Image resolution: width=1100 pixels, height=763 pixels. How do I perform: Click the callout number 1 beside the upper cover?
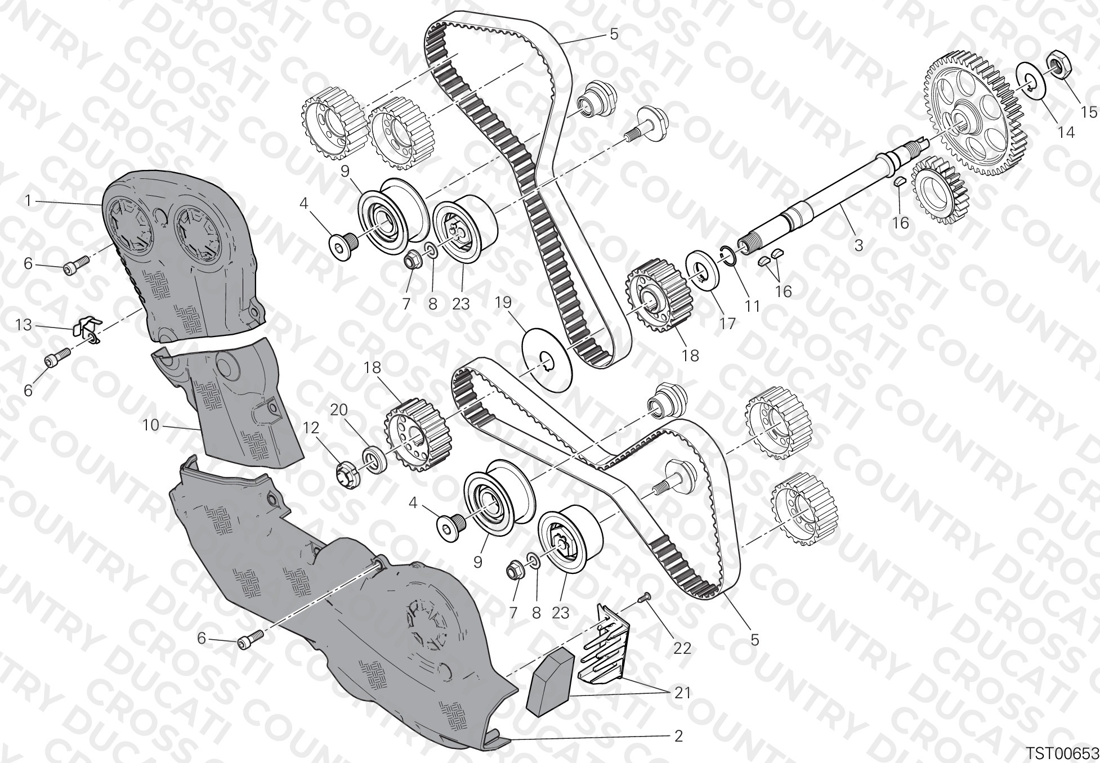tap(28, 200)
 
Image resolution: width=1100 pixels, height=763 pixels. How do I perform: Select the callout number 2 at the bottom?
tap(678, 735)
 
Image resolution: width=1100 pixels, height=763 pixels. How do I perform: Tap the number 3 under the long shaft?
tap(858, 245)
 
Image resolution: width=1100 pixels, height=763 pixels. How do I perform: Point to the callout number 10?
tap(151, 425)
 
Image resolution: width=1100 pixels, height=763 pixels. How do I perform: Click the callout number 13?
tap(24, 325)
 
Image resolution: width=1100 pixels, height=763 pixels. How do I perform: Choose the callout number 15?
tap(1089, 112)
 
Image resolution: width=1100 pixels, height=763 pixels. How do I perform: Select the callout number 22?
tap(682, 648)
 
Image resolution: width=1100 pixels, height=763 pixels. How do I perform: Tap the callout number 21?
tap(682, 693)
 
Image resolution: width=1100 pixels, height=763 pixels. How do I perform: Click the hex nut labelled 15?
tap(1059, 66)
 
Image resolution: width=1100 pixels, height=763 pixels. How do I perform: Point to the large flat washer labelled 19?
tap(547, 360)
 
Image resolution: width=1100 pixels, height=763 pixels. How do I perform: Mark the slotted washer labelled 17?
tap(705, 271)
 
